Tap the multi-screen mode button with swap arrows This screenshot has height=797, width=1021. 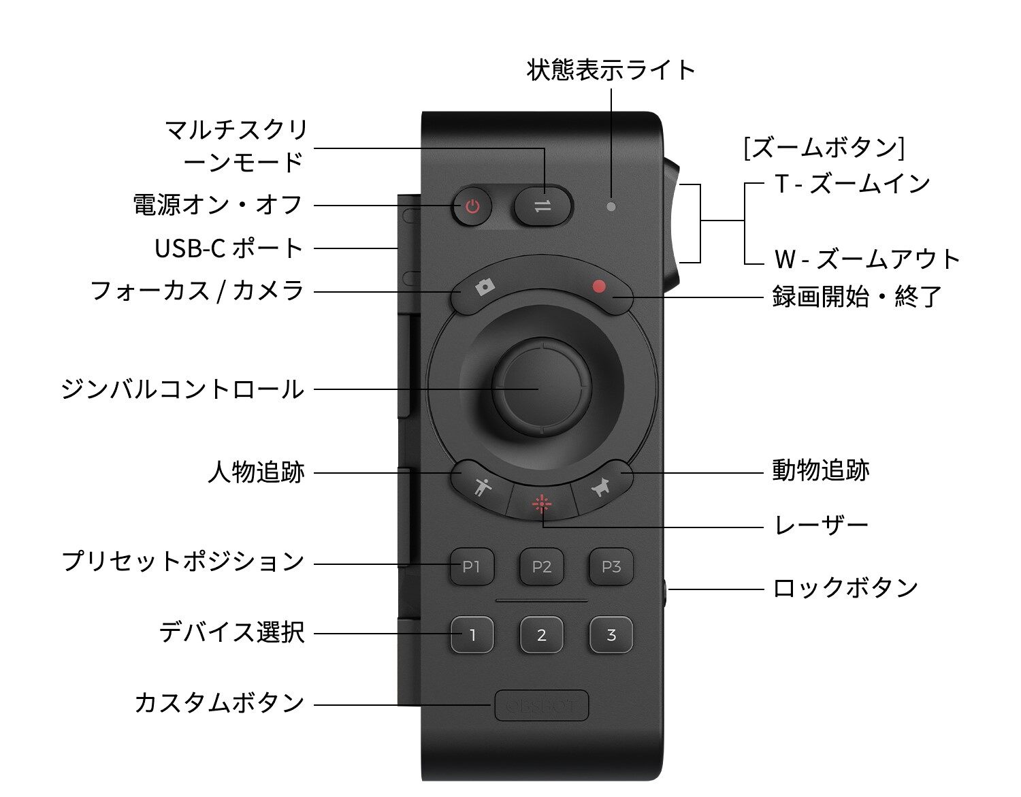point(542,206)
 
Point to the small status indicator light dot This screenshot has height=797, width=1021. point(611,206)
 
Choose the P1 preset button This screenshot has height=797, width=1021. point(472,566)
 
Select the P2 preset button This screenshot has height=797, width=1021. point(542,566)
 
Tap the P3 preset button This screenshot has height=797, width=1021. point(611,566)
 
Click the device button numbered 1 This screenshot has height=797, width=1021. point(472,635)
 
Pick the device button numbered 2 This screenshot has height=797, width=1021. point(542,635)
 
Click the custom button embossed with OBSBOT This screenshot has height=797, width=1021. point(542,705)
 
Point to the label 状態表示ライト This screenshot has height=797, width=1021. point(611,70)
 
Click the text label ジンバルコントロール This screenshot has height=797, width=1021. point(182,389)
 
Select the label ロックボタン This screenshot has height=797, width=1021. point(845,588)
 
